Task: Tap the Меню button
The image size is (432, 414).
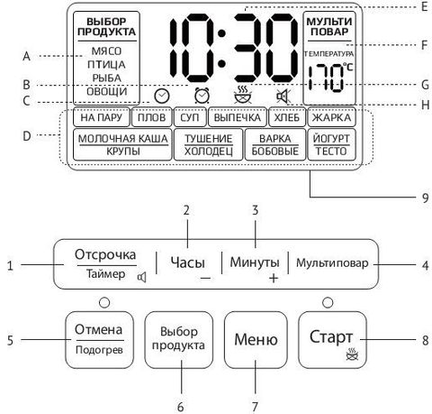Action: (256, 340)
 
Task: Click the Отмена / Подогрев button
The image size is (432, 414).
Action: (99, 340)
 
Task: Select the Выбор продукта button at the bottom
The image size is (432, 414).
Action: (178, 340)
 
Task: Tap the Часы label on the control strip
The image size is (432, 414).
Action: (188, 262)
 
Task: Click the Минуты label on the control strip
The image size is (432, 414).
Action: (255, 262)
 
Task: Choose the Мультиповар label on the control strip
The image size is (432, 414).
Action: (332, 262)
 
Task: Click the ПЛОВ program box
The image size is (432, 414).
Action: (152, 117)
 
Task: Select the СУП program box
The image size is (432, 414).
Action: (190, 117)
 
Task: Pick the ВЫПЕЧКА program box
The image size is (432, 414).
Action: (238, 117)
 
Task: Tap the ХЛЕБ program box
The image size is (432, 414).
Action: (287, 117)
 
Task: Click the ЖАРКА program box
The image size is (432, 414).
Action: (331, 117)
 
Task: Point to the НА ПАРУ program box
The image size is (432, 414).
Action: (102, 117)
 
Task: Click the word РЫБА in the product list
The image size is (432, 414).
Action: (107, 78)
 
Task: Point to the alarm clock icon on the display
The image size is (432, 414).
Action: (202, 96)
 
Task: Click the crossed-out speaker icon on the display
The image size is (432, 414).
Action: (283, 97)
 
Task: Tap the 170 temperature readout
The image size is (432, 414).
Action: (327, 78)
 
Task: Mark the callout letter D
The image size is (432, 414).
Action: (27, 136)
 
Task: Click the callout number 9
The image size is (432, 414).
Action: (425, 198)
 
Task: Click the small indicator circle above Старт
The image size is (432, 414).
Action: (328, 302)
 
